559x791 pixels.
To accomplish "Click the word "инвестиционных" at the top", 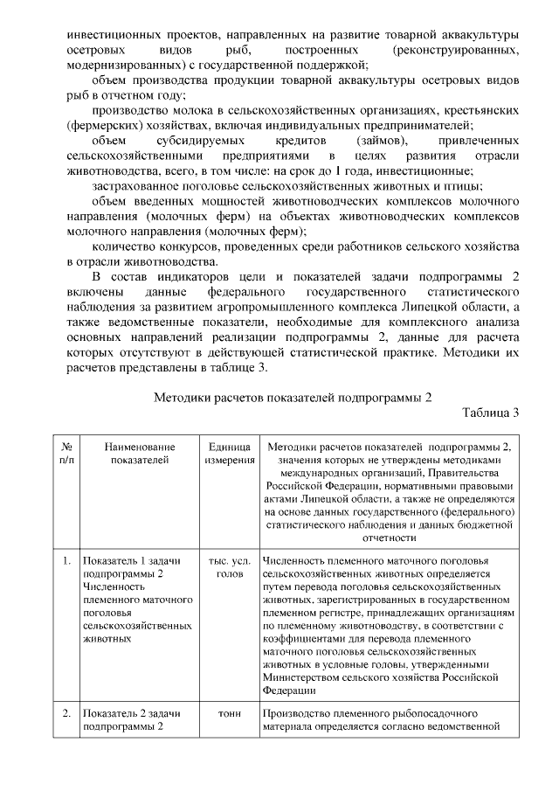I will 111,34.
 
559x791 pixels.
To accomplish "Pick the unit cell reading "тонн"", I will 229,713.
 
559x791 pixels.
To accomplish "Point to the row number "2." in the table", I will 67,713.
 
